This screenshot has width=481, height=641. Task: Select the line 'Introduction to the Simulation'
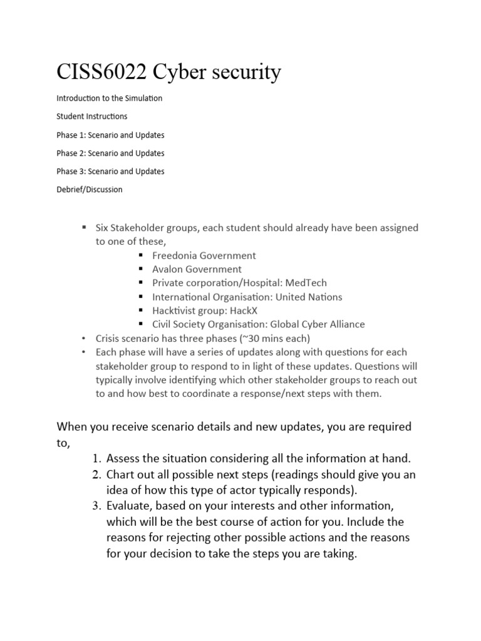pos(110,98)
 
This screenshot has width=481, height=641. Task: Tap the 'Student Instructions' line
pos(91,116)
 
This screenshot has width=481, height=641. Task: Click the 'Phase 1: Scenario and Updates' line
pos(110,135)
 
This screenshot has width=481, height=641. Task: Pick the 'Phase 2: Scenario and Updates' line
pos(110,153)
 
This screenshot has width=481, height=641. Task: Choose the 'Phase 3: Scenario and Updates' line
pos(110,171)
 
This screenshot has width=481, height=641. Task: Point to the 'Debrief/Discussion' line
pos(90,189)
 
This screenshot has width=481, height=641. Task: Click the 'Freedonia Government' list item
pos(204,255)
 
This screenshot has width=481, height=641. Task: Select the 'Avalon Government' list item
pos(197,269)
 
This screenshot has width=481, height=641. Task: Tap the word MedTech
pos(304,283)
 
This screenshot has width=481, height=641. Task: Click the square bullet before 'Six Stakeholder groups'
pos(83,227)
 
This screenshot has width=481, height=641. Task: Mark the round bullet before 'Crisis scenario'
pos(83,338)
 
